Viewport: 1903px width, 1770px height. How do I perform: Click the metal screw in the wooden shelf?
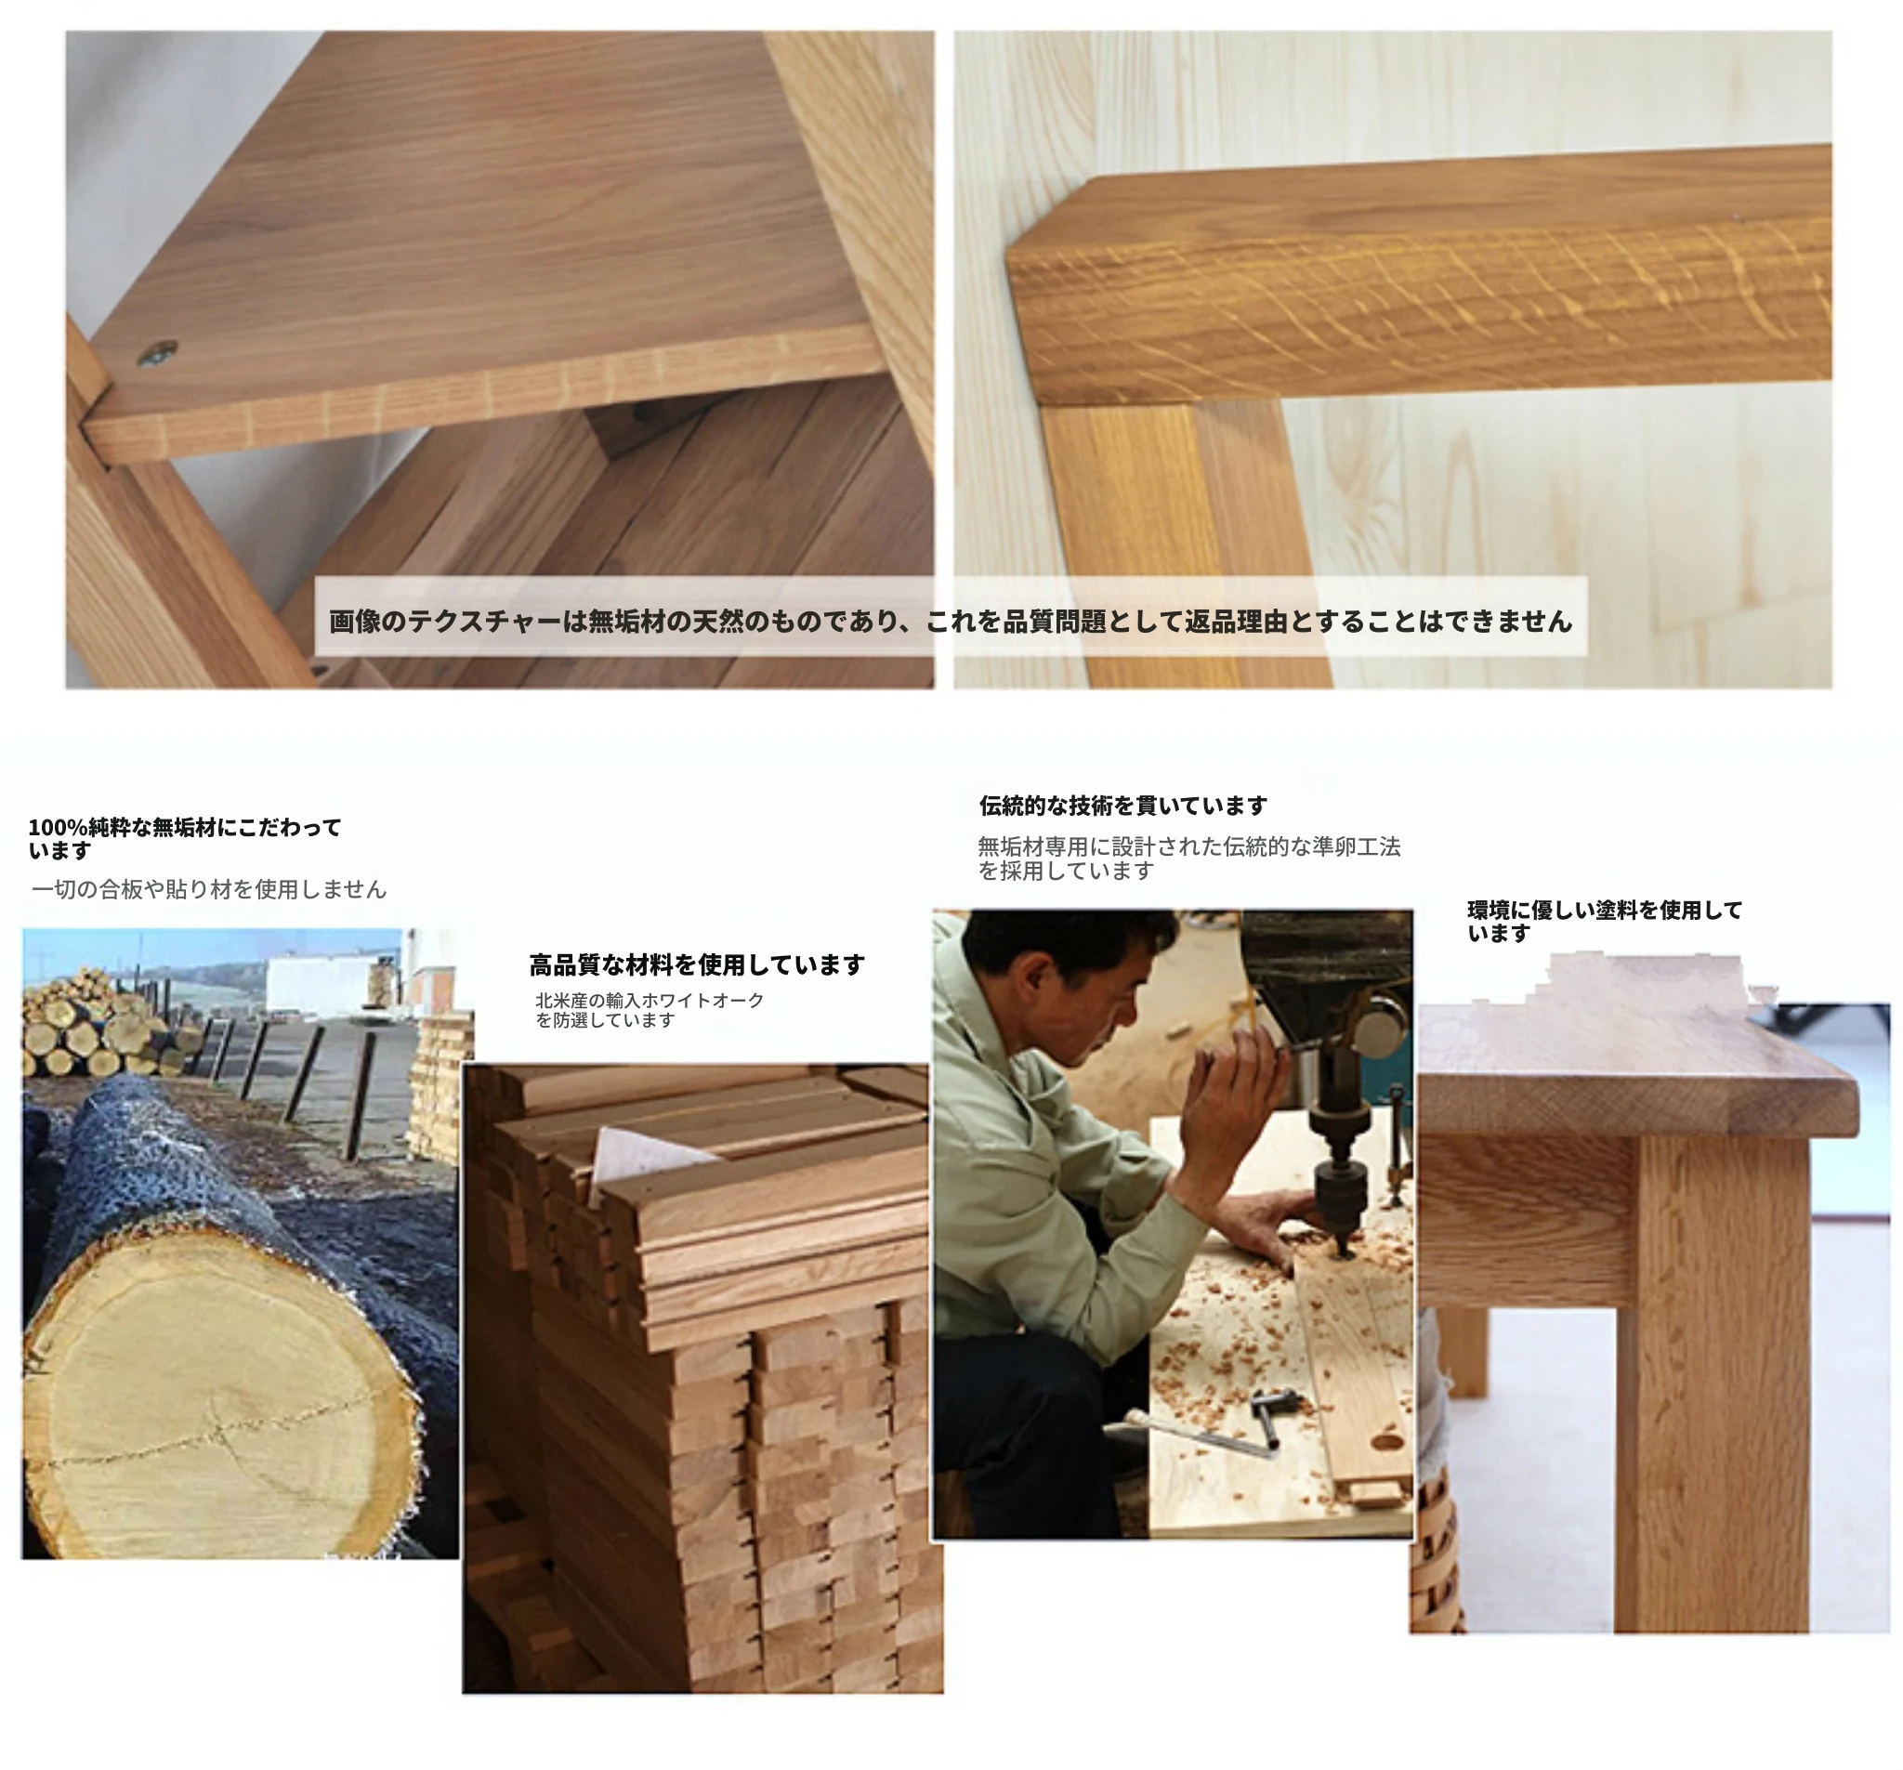tap(157, 353)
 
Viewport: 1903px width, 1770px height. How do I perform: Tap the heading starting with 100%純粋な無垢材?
tap(185, 838)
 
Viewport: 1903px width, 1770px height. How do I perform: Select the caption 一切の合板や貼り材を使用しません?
tap(209, 889)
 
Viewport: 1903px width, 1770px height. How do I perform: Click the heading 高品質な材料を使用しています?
tap(697, 964)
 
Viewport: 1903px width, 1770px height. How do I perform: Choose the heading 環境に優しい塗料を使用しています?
tap(1605, 921)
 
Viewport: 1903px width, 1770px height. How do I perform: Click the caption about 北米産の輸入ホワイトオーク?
tap(649, 1010)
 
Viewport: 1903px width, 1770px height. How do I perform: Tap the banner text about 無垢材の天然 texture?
tap(951, 622)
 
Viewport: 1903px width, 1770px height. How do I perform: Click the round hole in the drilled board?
tap(1387, 1441)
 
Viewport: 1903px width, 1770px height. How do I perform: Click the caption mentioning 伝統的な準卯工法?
tap(1188, 858)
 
